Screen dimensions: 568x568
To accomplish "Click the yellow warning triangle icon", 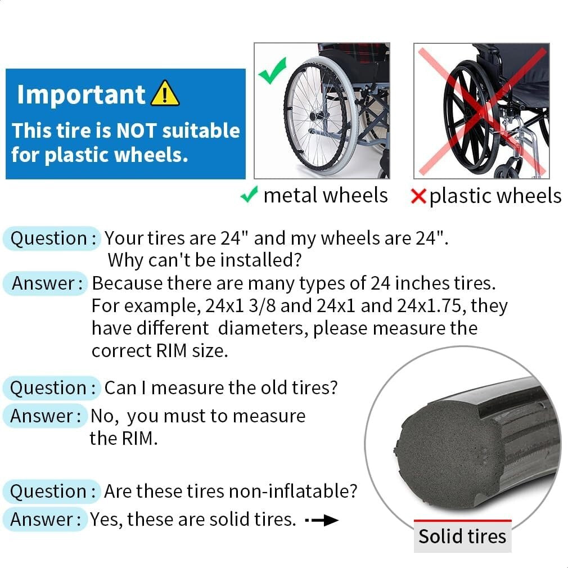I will point(165,94).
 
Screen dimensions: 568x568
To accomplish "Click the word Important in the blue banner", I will point(81,94).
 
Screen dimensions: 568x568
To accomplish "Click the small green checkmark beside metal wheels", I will point(249,196).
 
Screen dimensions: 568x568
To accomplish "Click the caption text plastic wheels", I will point(495,196).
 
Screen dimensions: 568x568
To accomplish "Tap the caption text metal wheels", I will point(326,195).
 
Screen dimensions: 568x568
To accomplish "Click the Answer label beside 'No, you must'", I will point(46,416).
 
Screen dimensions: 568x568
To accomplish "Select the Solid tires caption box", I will point(462,536).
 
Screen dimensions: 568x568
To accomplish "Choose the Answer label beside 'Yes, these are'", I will point(46,519).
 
